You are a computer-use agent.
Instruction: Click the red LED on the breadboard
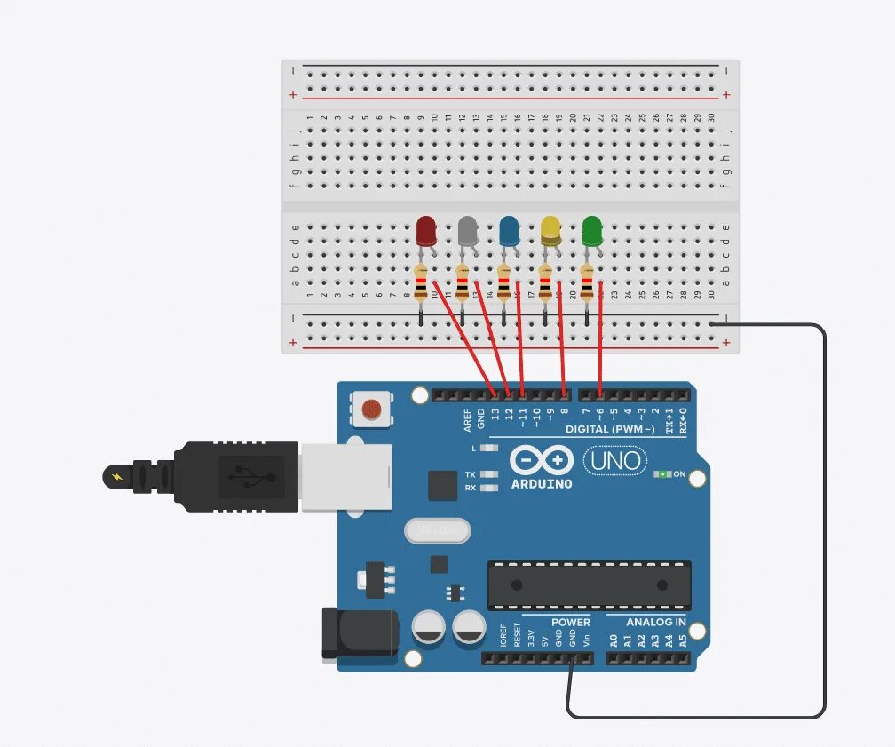(x=426, y=231)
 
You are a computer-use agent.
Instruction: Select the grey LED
(x=468, y=231)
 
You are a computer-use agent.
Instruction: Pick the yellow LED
(x=550, y=231)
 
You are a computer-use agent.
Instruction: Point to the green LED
(x=592, y=231)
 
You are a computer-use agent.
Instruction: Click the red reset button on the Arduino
(x=372, y=409)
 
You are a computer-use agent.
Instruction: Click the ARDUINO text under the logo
(x=542, y=484)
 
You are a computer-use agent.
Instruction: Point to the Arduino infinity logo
(x=542, y=460)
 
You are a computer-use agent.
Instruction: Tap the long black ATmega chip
(x=589, y=584)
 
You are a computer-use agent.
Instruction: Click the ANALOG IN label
(x=655, y=622)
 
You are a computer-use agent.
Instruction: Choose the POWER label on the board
(x=570, y=622)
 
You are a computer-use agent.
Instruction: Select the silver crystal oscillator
(x=437, y=530)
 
